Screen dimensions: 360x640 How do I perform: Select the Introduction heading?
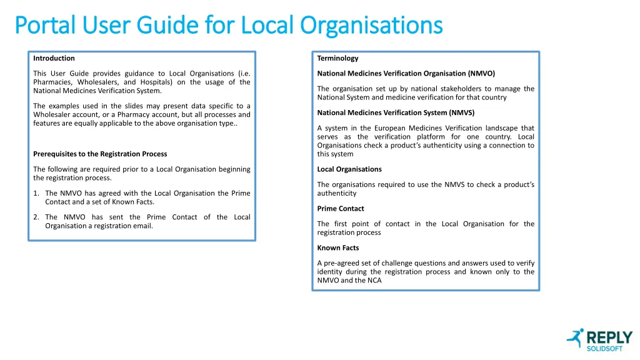point(54,58)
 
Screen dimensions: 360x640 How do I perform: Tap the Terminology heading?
point(337,58)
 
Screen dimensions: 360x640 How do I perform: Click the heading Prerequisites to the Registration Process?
point(100,154)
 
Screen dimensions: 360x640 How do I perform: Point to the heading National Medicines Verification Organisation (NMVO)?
point(406,73)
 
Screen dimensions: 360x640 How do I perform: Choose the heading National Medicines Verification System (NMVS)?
point(396,112)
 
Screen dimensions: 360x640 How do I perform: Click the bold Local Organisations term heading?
point(349,169)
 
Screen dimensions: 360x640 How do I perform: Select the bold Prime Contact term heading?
point(340,208)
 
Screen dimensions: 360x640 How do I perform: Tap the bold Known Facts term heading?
point(337,247)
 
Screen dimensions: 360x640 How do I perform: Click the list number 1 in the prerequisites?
point(36,193)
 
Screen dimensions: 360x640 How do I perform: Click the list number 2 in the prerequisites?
point(36,217)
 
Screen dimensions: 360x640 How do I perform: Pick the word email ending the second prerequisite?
point(143,226)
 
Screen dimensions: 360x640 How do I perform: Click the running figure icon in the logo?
point(575,338)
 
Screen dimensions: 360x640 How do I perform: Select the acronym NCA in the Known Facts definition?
point(373,280)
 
